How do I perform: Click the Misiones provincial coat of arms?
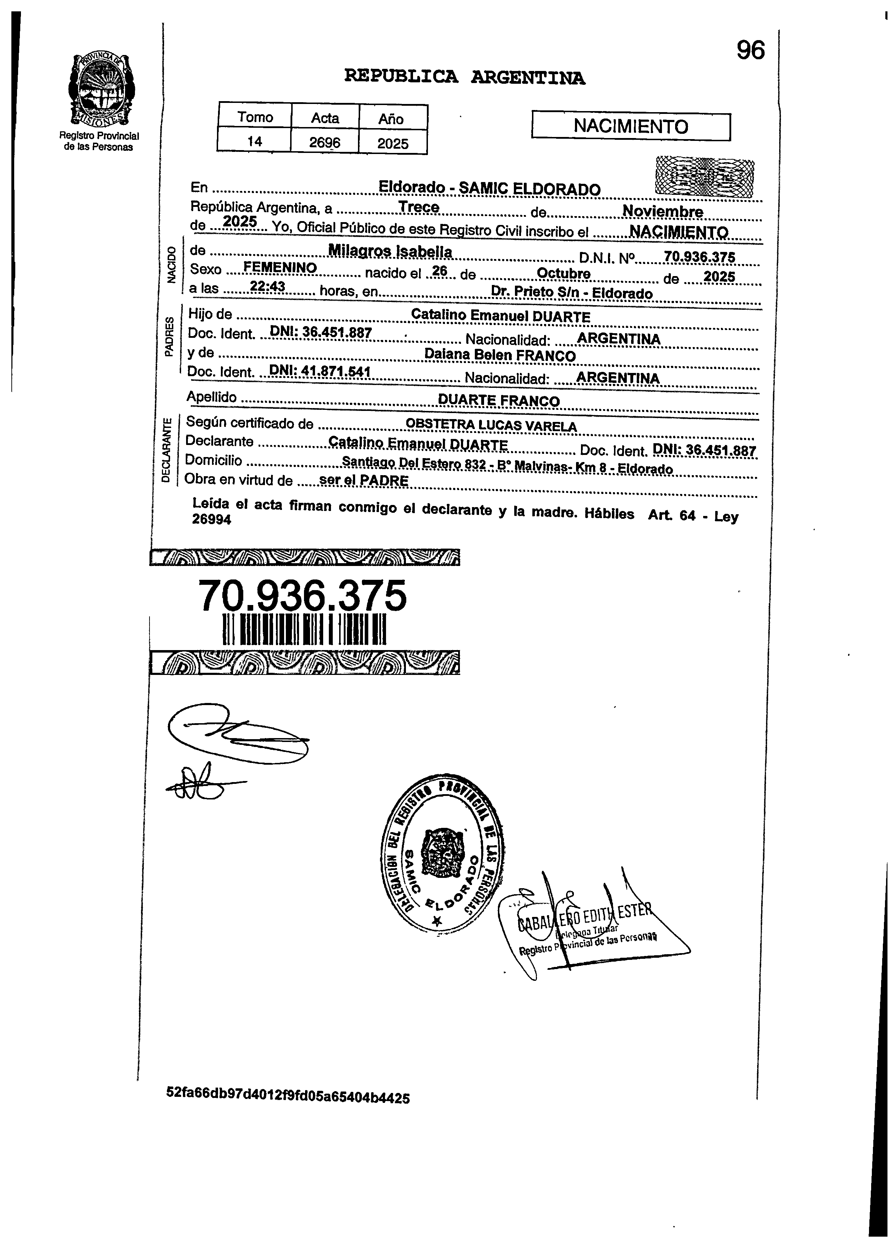coord(101,89)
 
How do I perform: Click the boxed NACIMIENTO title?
coord(631,127)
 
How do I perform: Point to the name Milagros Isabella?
coord(390,252)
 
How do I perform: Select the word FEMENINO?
coord(280,268)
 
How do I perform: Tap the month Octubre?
coord(563,274)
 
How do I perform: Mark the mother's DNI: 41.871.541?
coord(319,372)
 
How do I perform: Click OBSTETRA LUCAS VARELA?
coord(491,426)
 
